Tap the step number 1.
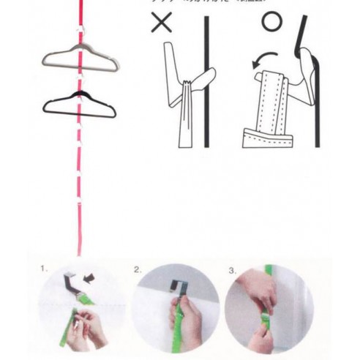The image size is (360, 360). (x=44, y=270)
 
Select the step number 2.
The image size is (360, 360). (x=137, y=270)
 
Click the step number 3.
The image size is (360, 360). (x=232, y=270)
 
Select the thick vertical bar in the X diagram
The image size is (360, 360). (x=206, y=80)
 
